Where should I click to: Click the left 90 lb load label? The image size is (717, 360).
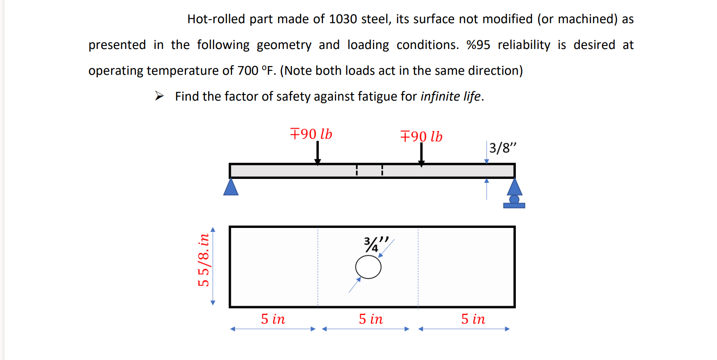pos(311,134)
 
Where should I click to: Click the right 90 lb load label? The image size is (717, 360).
pos(421,136)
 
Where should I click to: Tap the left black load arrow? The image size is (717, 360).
pos(318,152)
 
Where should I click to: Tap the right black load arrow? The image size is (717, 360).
pos(421,154)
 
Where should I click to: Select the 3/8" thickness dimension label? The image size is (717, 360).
pos(502,148)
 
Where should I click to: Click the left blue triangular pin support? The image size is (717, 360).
pos(231,187)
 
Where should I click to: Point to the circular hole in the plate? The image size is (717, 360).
pos(368,267)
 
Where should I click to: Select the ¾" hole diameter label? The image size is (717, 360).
pos(375,244)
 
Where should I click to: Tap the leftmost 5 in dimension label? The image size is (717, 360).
pos(273,319)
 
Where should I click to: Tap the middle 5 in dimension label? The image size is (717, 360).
pos(370,319)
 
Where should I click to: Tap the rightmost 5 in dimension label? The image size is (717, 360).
pos(473,319)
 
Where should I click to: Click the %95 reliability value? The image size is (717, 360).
pos(478,45)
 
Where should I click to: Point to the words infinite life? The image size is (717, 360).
pos(450,96)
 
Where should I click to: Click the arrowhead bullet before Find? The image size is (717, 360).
pos(159,96)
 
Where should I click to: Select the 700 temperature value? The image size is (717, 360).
pos(247,71)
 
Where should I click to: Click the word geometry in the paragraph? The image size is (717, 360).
pos(284,45)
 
